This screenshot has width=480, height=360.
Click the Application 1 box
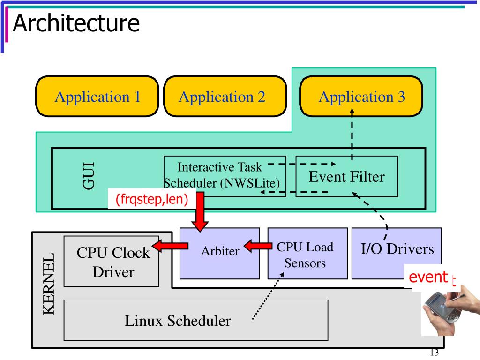tap(97, 97)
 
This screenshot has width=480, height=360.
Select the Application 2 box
tap(225, 97)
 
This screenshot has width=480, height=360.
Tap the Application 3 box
tap(361, 97)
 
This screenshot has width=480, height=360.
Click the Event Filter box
tap(346, 176)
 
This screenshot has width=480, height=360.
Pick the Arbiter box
tap(219, 254)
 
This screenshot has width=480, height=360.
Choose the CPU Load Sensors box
tap(307, 254)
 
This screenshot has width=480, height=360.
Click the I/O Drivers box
tap(397, 254)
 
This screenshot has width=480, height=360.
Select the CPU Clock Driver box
tap(112, 262)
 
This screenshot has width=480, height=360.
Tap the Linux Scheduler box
tap(196, 320)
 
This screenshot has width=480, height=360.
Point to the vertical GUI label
tap(89, 176)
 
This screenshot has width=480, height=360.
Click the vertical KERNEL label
tap(49, 284)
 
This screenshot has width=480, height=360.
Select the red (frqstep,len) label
tap(151, 199)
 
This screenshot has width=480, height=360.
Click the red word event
tap(428, 277)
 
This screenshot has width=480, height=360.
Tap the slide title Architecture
tap(76, 23)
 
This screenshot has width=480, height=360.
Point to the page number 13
tap(435, 352)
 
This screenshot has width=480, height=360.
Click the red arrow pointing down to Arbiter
tap(200, 212)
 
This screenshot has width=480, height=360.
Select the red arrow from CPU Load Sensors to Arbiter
tap(258, 246)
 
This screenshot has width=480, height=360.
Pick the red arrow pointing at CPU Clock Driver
tap(170, 246)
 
